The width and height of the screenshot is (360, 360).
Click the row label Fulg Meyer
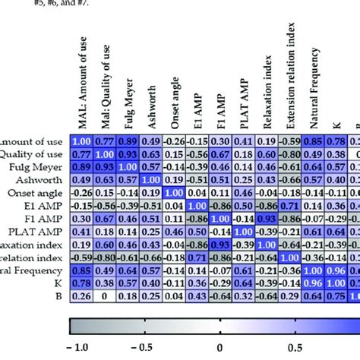click(42, 166)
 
